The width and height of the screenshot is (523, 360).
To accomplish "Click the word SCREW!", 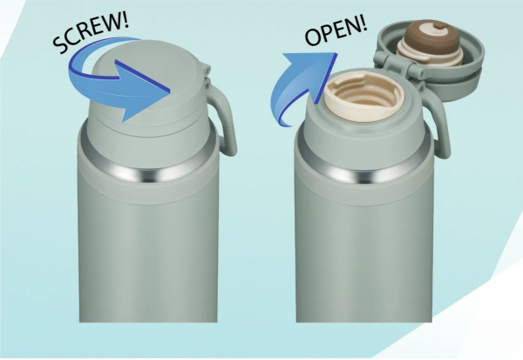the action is coord(91,32).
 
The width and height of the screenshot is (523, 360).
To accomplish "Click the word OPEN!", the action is coord(336,31).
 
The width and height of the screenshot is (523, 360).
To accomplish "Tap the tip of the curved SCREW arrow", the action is coord(170,91).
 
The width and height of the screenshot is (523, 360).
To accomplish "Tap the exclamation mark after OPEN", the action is coord(363,23).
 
